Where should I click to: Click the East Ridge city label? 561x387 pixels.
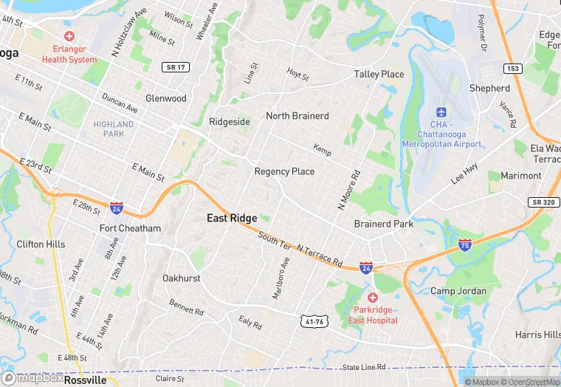point(232,218)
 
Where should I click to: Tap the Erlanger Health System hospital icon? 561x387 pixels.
point(69,36)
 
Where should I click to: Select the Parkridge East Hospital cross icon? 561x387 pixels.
point(372,297)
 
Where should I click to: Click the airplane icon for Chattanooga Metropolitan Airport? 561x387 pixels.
point(441,112)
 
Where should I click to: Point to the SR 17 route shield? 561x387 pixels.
point(173,67)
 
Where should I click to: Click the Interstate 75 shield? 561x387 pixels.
point(464,244)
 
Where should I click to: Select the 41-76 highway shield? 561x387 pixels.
point(313,321)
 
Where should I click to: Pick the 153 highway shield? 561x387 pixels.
point(514,68)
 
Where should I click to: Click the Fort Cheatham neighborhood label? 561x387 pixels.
point(130,228)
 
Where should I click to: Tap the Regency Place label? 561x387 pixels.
point(284,171)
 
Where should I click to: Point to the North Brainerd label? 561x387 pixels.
point(297,116)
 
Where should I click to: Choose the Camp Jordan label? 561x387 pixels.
point(458,291)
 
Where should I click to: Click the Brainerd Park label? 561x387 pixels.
point(384,224)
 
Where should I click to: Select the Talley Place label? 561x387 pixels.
point(379,74)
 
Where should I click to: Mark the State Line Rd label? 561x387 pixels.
point(365,367)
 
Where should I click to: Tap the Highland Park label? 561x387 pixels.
point(114,129)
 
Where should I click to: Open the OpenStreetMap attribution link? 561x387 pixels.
point(529,382)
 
